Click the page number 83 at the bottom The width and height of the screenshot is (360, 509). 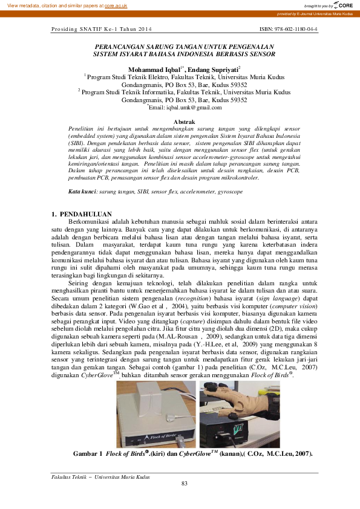185,482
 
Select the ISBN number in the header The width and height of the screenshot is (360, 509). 288,29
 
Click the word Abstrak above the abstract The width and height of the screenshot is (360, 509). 185,122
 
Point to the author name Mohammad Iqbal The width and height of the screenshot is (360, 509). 154,70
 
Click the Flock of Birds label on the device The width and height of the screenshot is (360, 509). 159,433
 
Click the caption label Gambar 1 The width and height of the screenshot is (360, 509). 87,453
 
